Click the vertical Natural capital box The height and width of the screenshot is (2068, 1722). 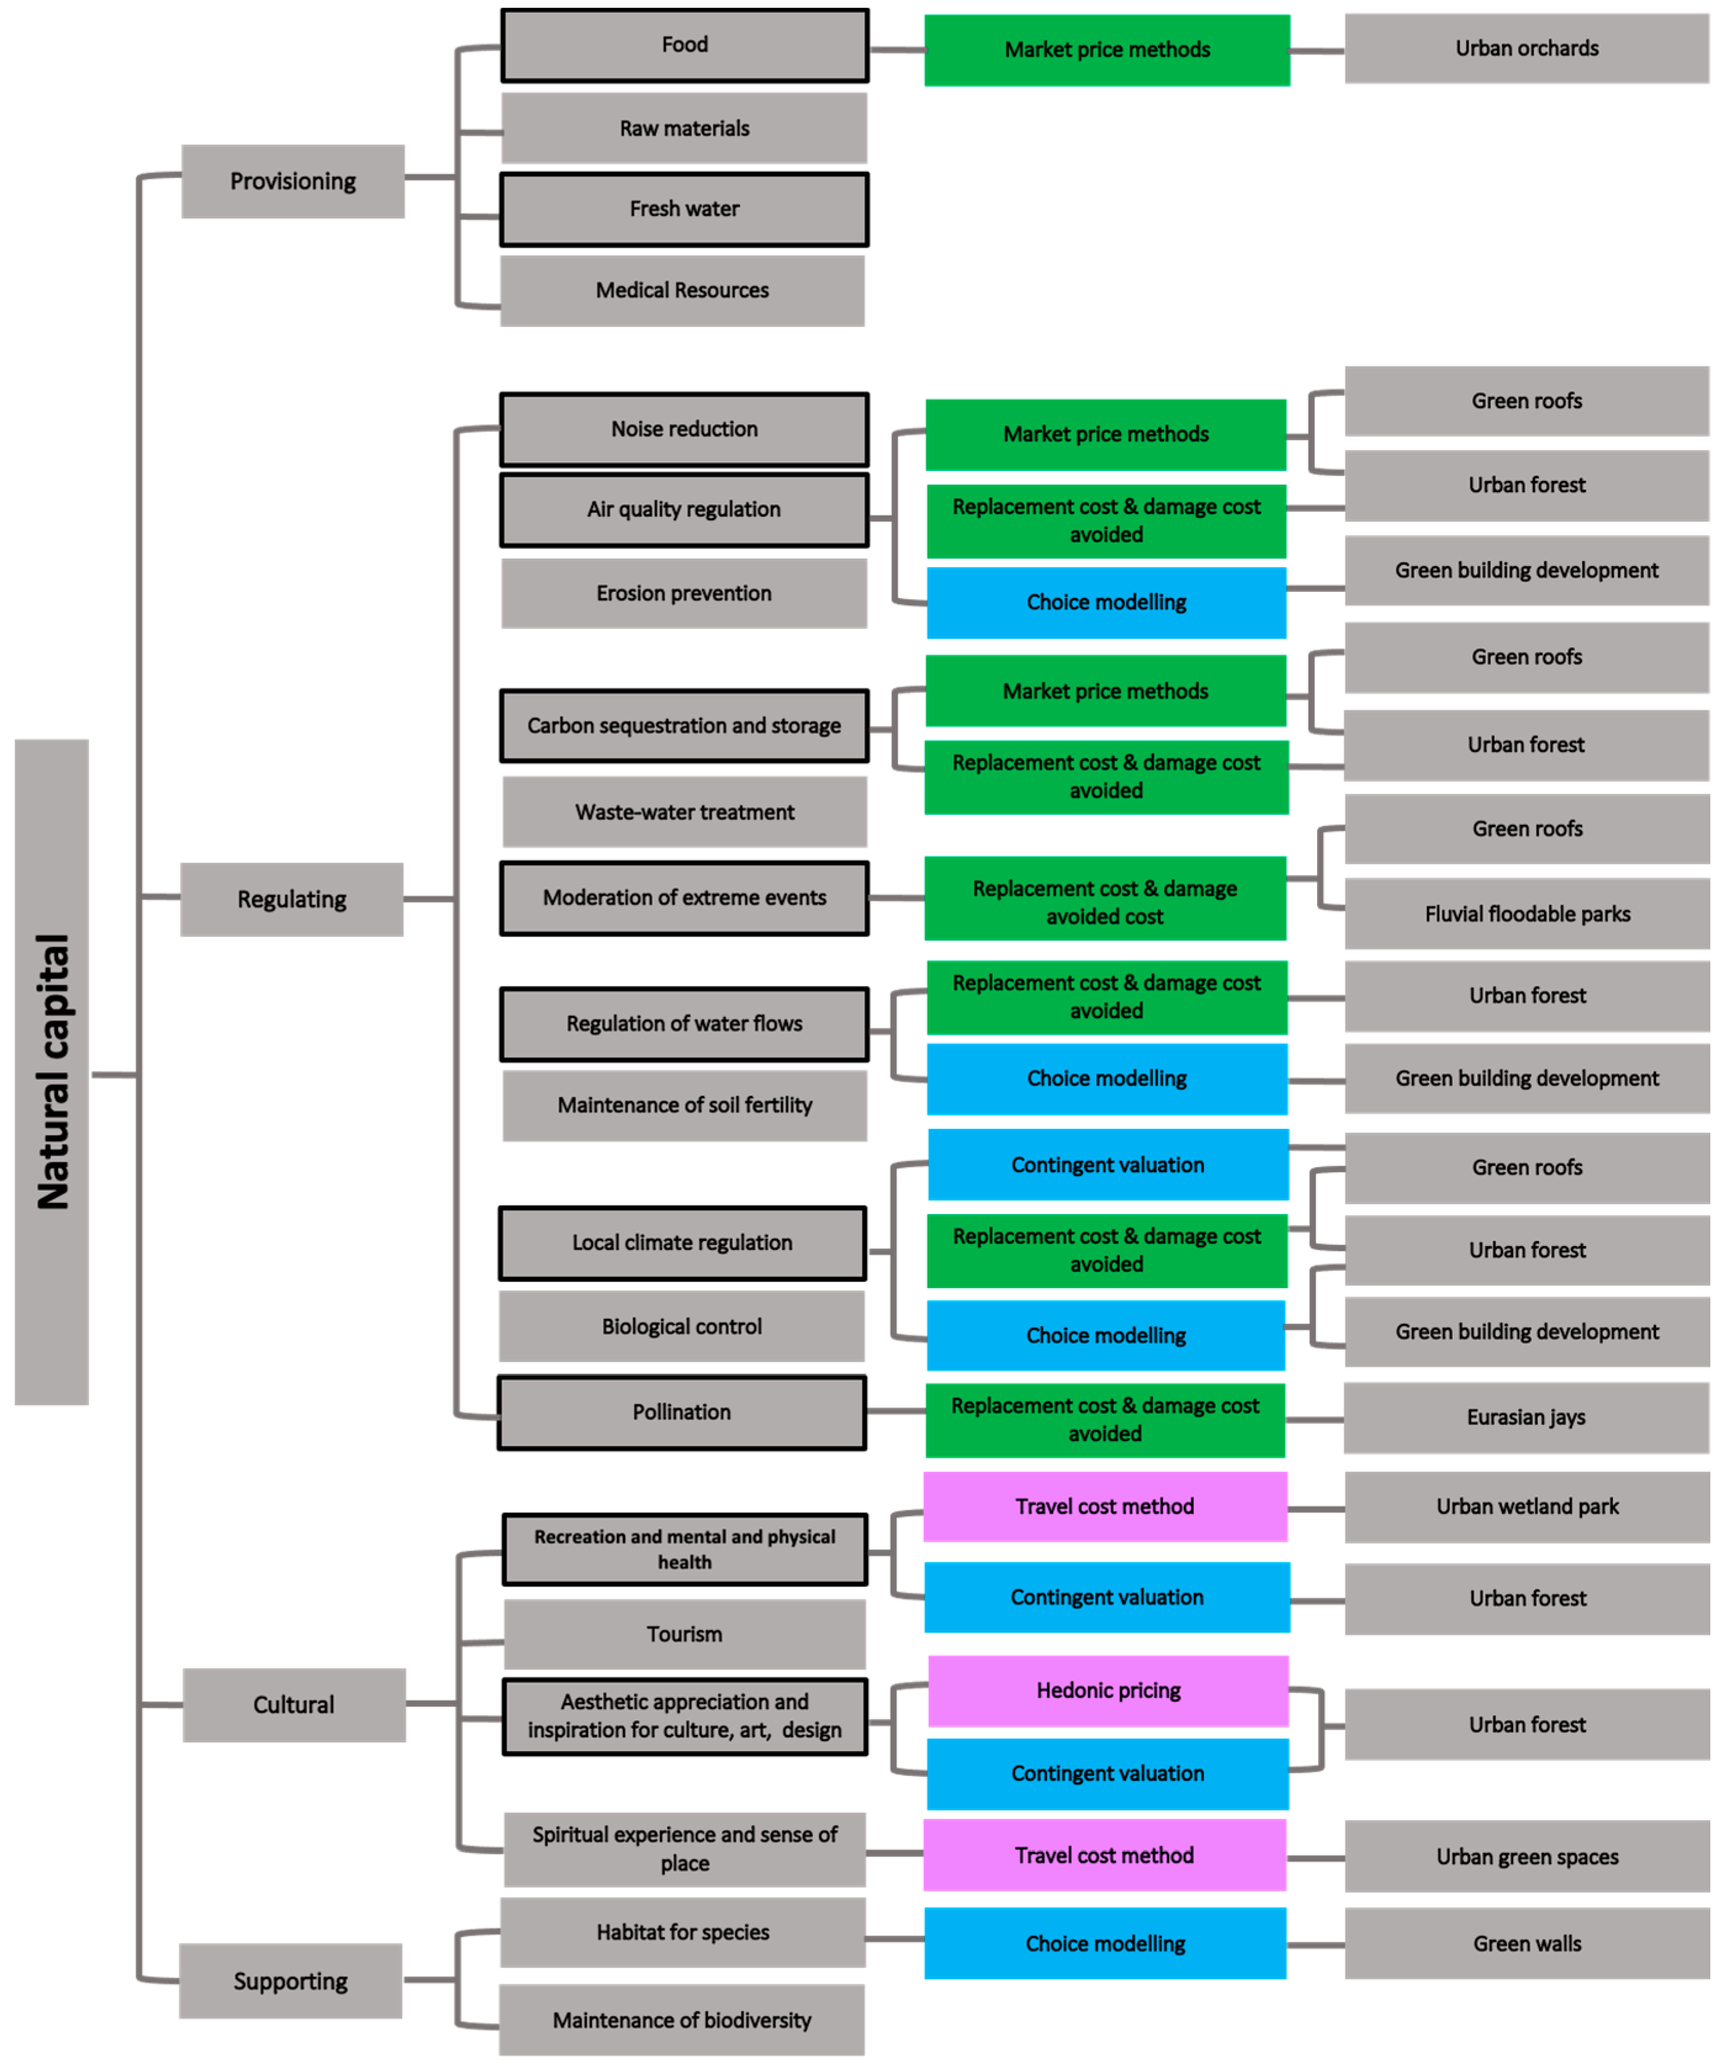pyautogui.click(x=51, y=1072)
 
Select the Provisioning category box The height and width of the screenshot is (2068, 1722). pyautogui.click(x=292, y=181)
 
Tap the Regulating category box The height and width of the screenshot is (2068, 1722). pyautogui.click(x=292, y=899)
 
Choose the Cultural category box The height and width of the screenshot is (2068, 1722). pyautogui.click(x=293, y=1705)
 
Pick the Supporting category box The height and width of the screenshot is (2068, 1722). pyautogui.click(x=290, y=1981)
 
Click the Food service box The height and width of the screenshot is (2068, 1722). pyautogui.click(x=684, y=45)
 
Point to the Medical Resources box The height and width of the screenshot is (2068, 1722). pyautogui.click(x=682, y=290)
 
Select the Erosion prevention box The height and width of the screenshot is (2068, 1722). pyautogui.click(x=684, y=593)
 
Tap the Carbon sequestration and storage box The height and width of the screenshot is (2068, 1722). pyautogui.click(x=684, y=726)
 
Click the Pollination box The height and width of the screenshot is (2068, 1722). pyautogui.click(x=681, y=1412)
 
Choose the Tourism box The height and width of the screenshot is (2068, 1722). pyautogui.click(x=684, y=1634)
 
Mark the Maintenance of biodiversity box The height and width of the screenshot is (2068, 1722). pyautogui.click(x=681, y=2020)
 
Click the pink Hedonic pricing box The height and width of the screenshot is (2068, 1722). pyautogui.click(x=1108, y=1690)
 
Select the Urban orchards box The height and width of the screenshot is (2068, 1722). pyautogui.click(x=1526, y=48)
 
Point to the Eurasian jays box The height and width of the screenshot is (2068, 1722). pyautogui.click(x=1526, y=1417)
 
